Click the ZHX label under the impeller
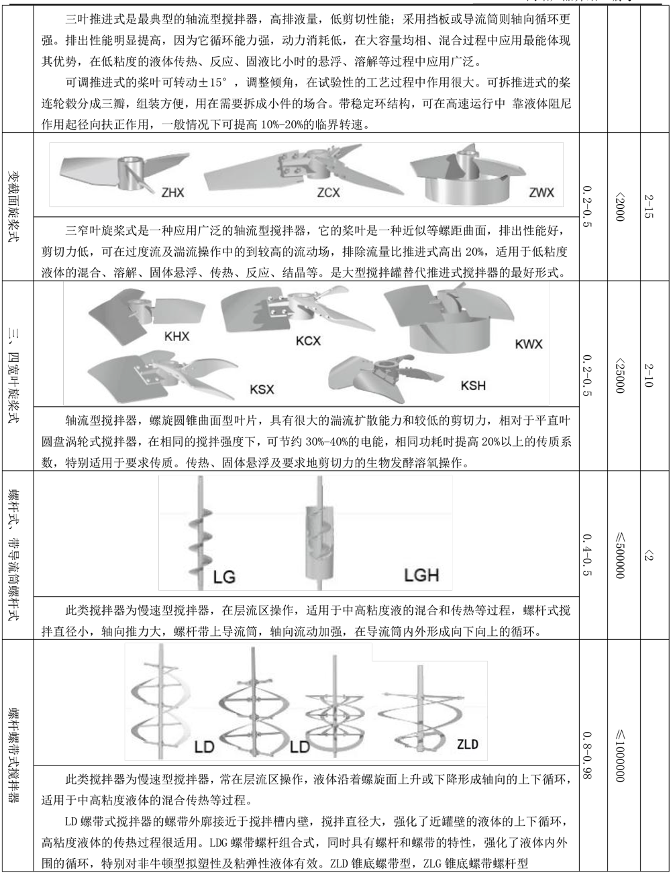[x=172, y=193]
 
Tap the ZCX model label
[x=328, y=193]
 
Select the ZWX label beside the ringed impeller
[x=541, y=192]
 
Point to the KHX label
[x=176, y=336]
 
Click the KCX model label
[x=308, y=341]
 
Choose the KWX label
[x=529, y=344]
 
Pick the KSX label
[x=262, y=389]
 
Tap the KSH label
[x=473, y=386]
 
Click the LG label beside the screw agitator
[x=224, y=577]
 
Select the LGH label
[x=421, y=575]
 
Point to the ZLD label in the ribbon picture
[x=468, y=744]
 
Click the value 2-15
[x=648, y=207]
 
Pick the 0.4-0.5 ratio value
[x=587, y=555]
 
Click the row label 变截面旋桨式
[x=13, y=207]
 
